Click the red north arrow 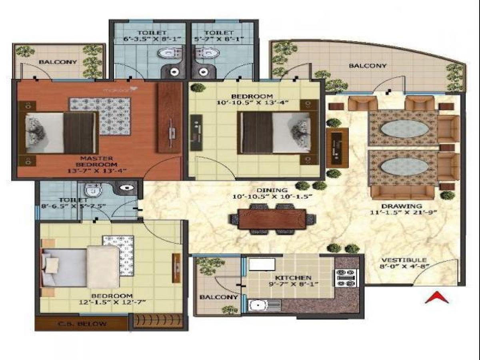[436, 298]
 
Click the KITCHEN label [293, 278]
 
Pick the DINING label [273, 190]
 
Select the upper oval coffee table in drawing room [402, 129]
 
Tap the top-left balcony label [58, 62]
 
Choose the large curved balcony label [368, 66]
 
